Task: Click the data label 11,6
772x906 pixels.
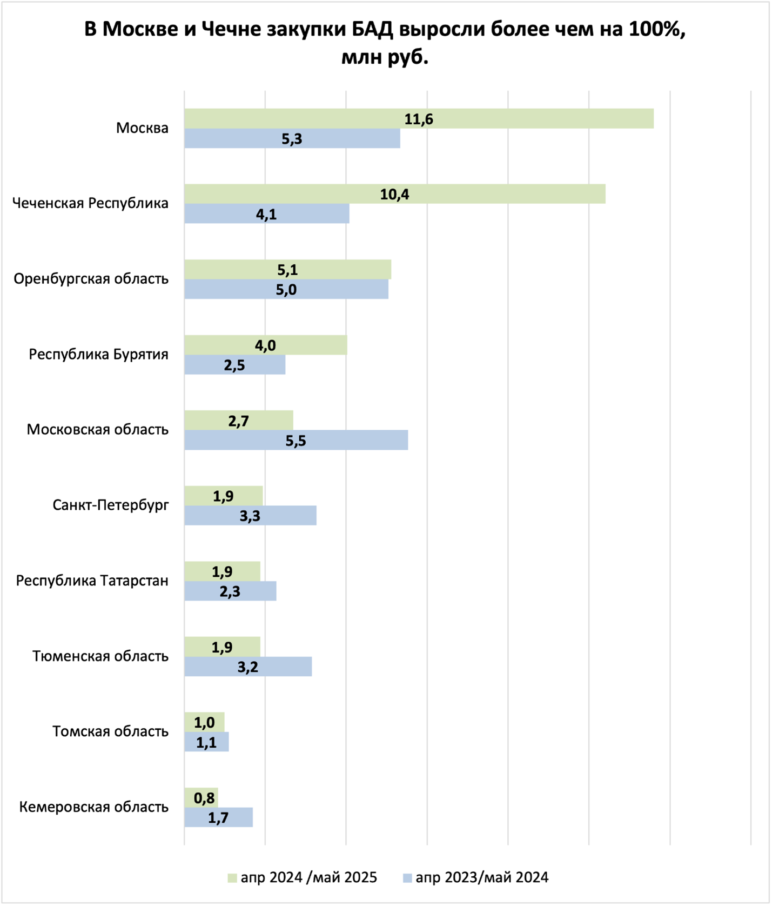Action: point(419,119)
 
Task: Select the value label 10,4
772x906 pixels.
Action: point(394,194)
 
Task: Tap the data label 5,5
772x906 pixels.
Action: point(296,441)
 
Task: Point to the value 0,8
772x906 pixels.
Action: point(204,797)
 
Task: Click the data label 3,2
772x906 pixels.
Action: point(248,667)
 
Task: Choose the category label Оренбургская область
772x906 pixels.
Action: point(91,279)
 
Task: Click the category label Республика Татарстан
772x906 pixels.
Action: point(92,581)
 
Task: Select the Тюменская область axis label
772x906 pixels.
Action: point(100,656)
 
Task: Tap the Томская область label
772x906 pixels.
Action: point(110,731)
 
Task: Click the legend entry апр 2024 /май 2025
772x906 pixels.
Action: point(308,877)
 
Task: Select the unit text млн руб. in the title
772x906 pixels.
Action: point(385,57)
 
